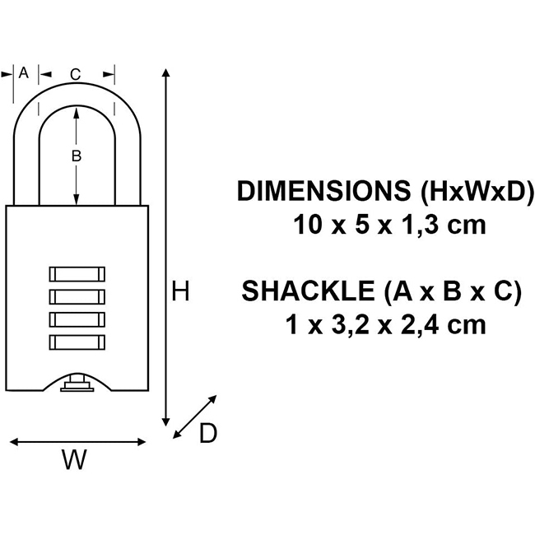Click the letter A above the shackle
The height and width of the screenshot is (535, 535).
(23, 72)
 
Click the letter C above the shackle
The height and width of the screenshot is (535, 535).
(75, 75)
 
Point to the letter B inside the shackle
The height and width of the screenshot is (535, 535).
(76, 155)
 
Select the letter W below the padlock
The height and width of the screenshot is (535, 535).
(74, 462)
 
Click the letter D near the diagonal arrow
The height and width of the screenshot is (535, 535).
(208, 434)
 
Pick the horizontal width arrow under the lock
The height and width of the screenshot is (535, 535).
(78, 442)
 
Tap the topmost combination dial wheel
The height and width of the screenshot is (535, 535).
(77, 274)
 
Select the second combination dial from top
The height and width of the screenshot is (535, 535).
(77, 296)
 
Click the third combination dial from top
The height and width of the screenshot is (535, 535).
(77, 319)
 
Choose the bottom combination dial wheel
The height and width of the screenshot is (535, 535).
(77, 341)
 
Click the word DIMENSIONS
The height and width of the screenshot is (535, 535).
(323, 192)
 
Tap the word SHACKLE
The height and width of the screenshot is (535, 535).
(309, 292)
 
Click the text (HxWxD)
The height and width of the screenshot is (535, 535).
(475, 192)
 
